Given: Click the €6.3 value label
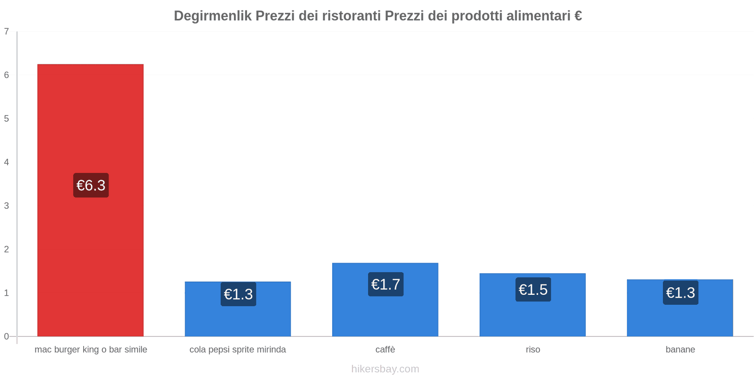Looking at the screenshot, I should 91,185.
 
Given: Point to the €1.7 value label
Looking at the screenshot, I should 386,284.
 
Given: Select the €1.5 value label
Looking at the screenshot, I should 533,290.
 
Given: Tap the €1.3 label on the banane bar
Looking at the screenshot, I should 680,293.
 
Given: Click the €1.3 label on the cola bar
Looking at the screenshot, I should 238,294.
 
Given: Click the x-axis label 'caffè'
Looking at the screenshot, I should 385,350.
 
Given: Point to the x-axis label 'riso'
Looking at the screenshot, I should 533,350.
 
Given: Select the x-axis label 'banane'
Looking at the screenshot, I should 680,350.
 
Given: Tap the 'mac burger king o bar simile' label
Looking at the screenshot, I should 91,350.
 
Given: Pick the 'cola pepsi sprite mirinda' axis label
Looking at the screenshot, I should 238,350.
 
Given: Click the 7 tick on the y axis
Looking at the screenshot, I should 7,32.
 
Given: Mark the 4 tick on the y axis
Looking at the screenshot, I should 7,162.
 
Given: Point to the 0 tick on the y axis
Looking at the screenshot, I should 7,336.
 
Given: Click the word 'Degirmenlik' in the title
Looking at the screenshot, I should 213,16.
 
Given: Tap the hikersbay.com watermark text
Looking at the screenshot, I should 385,369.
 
